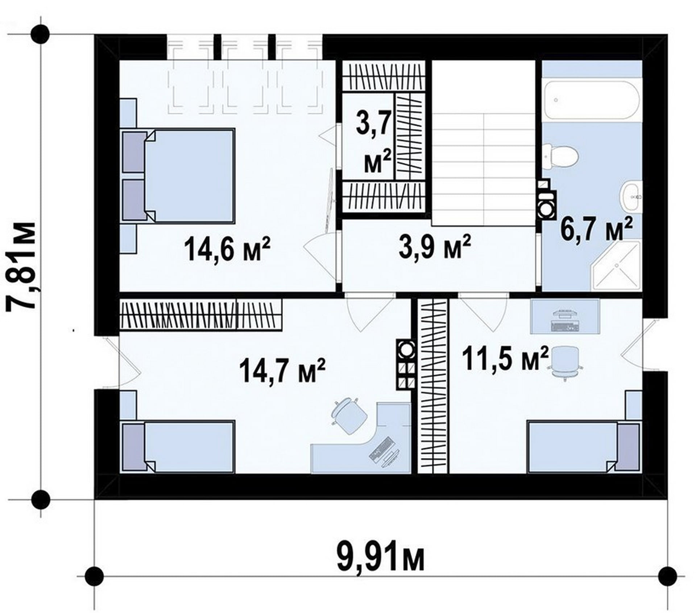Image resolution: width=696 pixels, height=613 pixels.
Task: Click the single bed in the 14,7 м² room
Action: [x=177, y=446]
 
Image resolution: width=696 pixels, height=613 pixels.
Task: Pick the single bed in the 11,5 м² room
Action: [x=583, y=446]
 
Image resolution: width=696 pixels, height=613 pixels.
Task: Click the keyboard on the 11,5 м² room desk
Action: [x=564, y=326]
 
